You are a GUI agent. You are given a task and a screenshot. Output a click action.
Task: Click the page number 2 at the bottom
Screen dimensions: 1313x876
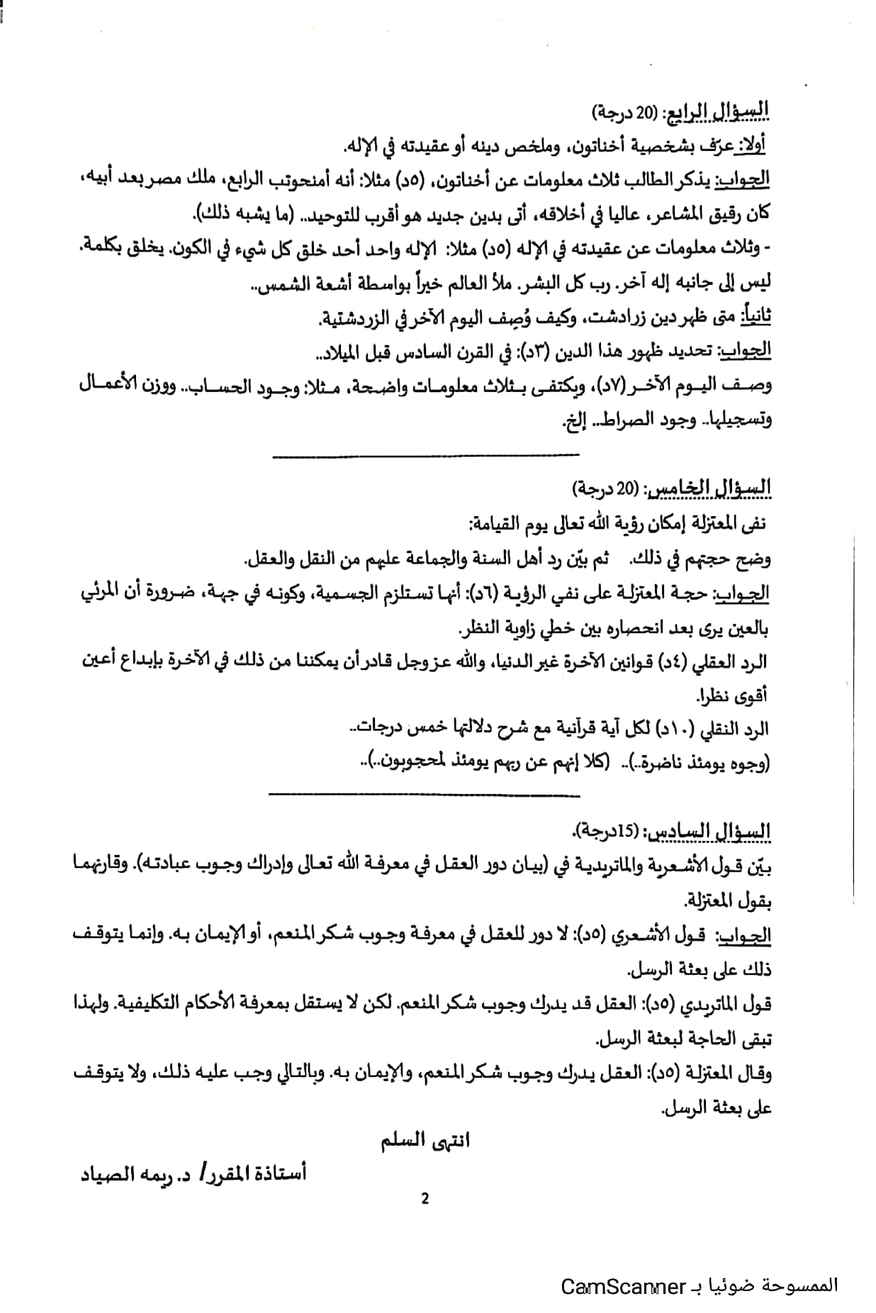pyautogui.click(x=425, y=1198)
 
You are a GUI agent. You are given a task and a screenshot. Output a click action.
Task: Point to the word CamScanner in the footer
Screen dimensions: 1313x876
pyautogui.click(x=624, y=1286)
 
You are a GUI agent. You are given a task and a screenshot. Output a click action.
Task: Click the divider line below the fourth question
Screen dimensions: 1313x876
pyautogui.click(x=425, y=454)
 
